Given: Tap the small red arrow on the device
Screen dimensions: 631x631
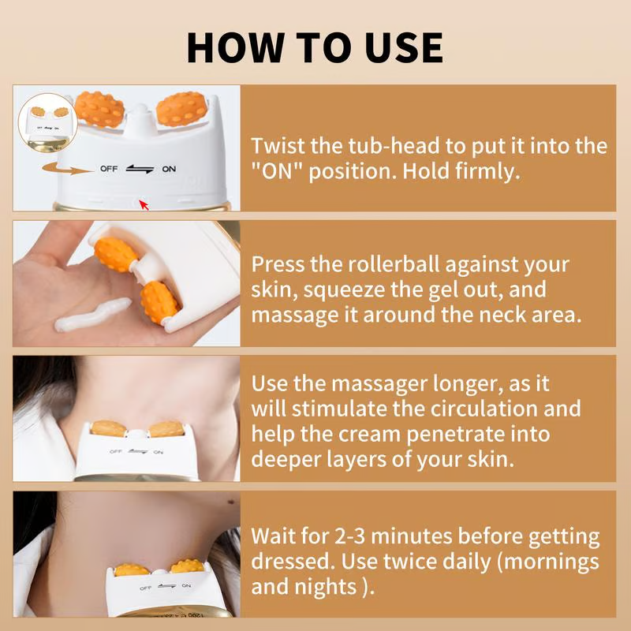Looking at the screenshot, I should pyautogui.click(x=144, y=205).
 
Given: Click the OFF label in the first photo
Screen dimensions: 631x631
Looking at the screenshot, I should pyautogui.click(x=109, y=169).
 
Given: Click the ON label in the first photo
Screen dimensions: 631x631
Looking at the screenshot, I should pyautogui.click(x=169, y=169).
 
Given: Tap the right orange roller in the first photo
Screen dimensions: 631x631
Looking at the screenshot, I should pyautogui.click(x=181, y=110).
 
